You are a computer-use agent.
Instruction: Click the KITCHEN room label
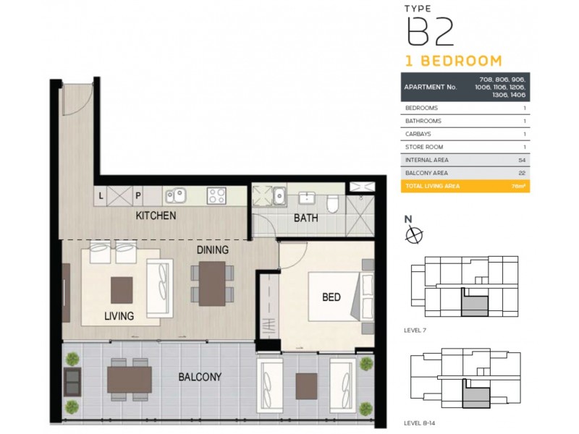tap(155, 216)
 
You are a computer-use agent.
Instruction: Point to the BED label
tap(331, 297)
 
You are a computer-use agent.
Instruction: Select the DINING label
tap(212, 250)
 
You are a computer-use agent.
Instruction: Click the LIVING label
tap(119, 316)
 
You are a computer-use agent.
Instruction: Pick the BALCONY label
tap(200, 377)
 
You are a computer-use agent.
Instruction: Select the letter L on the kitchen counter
tap(101, 195)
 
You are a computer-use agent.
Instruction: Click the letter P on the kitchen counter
tap(137, 195)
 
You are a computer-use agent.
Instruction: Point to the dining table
tap(213, 283)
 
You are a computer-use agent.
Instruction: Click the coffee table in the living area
tap(122, 289)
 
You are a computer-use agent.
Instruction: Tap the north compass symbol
tap(413, 233)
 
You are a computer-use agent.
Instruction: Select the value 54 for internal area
tap(521, 160)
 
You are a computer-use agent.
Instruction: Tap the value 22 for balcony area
tap(521, 173)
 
